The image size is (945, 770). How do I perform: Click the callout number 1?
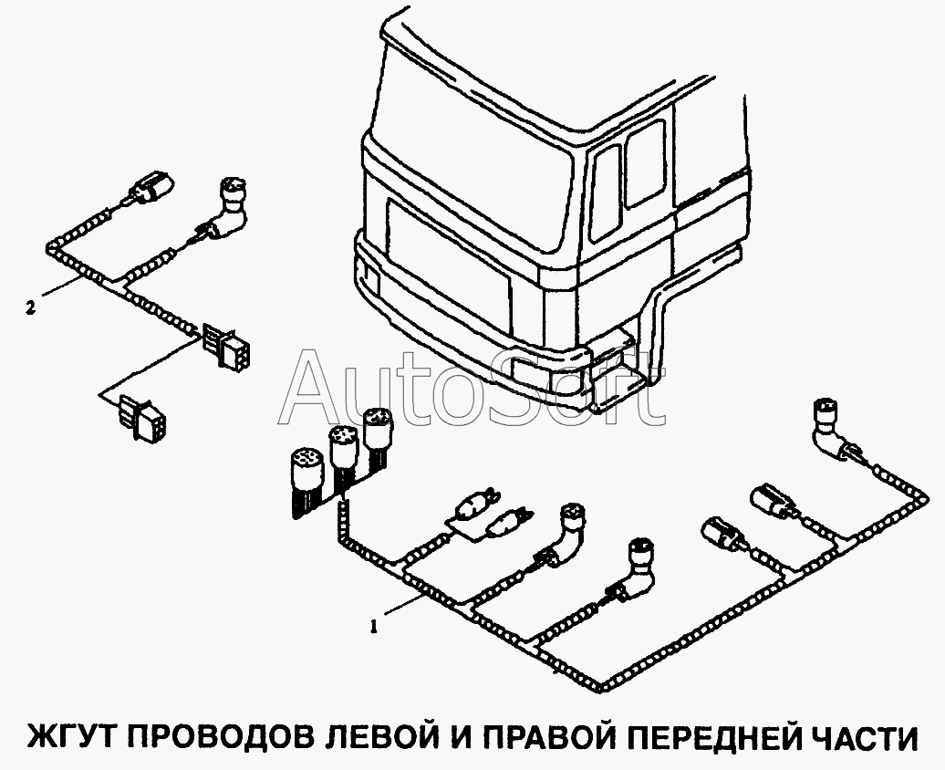374,627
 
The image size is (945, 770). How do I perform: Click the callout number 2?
31,308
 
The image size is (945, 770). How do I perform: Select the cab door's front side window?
605,192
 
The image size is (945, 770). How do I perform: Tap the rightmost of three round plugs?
378,435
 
